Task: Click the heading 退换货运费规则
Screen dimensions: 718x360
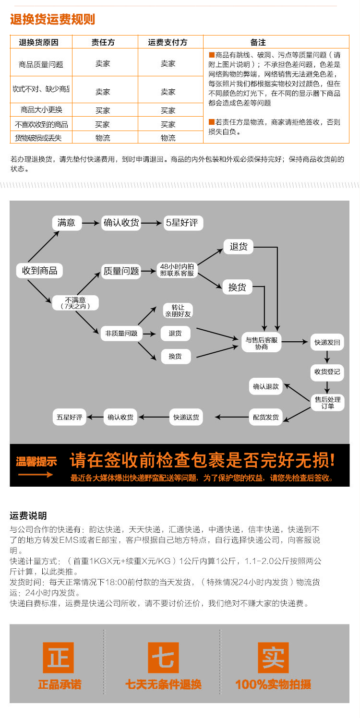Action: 53,20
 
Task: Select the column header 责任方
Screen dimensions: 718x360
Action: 103,42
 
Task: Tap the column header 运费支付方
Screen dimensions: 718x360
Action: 168,42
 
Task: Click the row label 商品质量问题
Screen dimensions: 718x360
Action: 41,64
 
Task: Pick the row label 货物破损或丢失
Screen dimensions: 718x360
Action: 41,138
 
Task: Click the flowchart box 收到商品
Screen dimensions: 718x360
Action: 40,270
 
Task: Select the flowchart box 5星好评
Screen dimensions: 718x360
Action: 181,223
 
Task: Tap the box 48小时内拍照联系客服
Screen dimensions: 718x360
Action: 177,270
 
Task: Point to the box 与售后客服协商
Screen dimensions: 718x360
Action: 262,343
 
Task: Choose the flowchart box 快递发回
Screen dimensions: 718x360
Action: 327,343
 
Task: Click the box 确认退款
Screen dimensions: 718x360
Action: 266,386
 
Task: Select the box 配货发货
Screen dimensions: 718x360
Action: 266,417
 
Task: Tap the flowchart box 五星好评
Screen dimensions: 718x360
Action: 70,417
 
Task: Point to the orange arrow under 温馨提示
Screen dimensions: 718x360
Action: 36,475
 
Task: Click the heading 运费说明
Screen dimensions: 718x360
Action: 28,516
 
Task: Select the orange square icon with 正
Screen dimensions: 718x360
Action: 59,657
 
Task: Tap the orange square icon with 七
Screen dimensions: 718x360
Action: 163,657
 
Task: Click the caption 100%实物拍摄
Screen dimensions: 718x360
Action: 273,684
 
